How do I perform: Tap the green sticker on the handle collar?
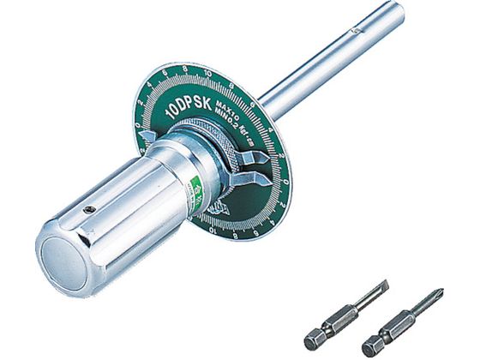pos(195,185)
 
